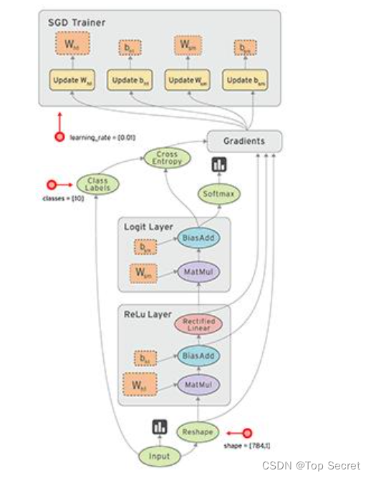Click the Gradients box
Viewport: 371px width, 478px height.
244,141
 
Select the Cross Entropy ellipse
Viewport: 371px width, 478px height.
167,158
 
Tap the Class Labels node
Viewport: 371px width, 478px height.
97,185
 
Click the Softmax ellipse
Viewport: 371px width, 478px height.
218,193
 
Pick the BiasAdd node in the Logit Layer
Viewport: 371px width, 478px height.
198,238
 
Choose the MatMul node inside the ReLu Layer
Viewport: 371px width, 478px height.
198,385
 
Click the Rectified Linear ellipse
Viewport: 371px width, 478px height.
198,326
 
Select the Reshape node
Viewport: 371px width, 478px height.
198,432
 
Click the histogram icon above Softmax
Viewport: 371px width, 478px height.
218,165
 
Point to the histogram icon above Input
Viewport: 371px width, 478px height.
159,427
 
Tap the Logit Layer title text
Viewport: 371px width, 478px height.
148,227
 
